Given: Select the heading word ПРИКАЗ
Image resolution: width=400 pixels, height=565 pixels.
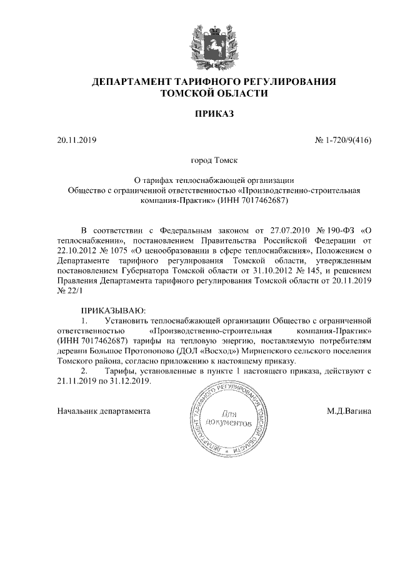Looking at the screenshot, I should pyautogui.click(x=214, y=114).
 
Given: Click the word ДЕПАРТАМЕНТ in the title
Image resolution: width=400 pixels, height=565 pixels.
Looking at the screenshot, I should pyautogui.click(x=127, y=82).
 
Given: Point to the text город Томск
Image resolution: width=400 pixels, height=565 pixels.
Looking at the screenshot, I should pyautogui.click(x=214, y=161).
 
